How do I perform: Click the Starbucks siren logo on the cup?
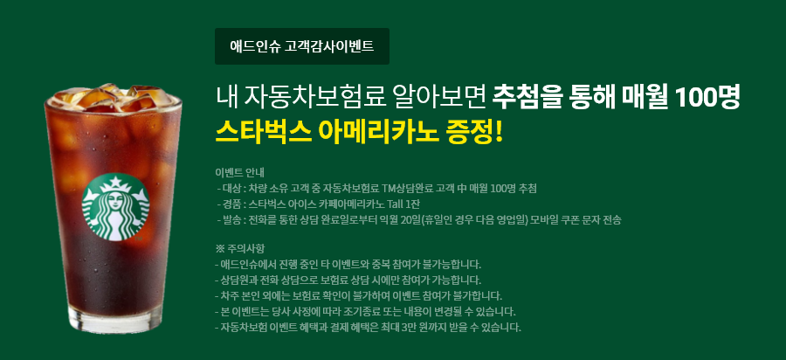(x=115, y=206)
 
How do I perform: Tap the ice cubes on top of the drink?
(x=114, y=98)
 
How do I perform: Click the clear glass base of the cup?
(x=114, y=321)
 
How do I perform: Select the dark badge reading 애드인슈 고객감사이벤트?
(x=302, y=46)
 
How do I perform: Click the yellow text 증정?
(x=473, y=131)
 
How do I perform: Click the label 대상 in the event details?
(x=231, y=189)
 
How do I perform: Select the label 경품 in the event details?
(x=231, y=204)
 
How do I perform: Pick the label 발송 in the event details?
(x=231, y=220)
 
